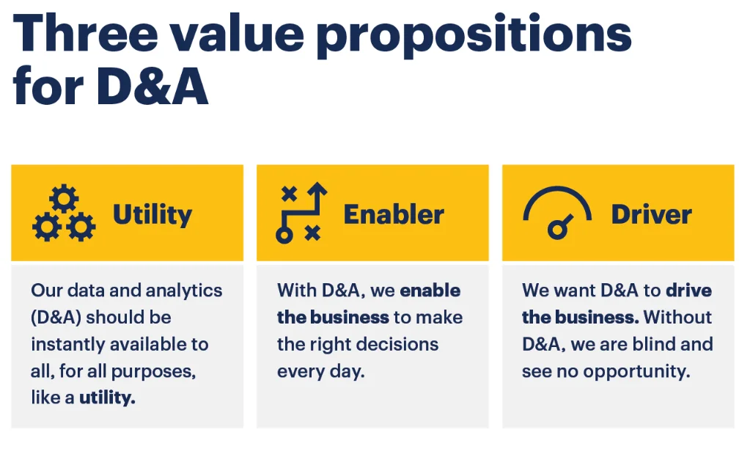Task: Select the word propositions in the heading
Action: (474, 36)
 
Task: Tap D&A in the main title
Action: (152, 86)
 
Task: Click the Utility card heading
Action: (152, 215)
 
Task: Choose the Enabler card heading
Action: (394, 214)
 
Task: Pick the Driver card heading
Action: (652, 214)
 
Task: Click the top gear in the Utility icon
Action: (64, 199)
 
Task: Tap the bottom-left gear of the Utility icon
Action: (47, 227)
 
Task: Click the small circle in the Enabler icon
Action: (284, 235)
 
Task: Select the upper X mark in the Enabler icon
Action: (290, 194)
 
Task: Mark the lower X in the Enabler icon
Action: (313, 233)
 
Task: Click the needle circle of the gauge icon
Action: (556, 230)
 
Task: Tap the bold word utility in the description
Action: (107, 398)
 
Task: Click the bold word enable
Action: (430, 291)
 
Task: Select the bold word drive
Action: (688, 291)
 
